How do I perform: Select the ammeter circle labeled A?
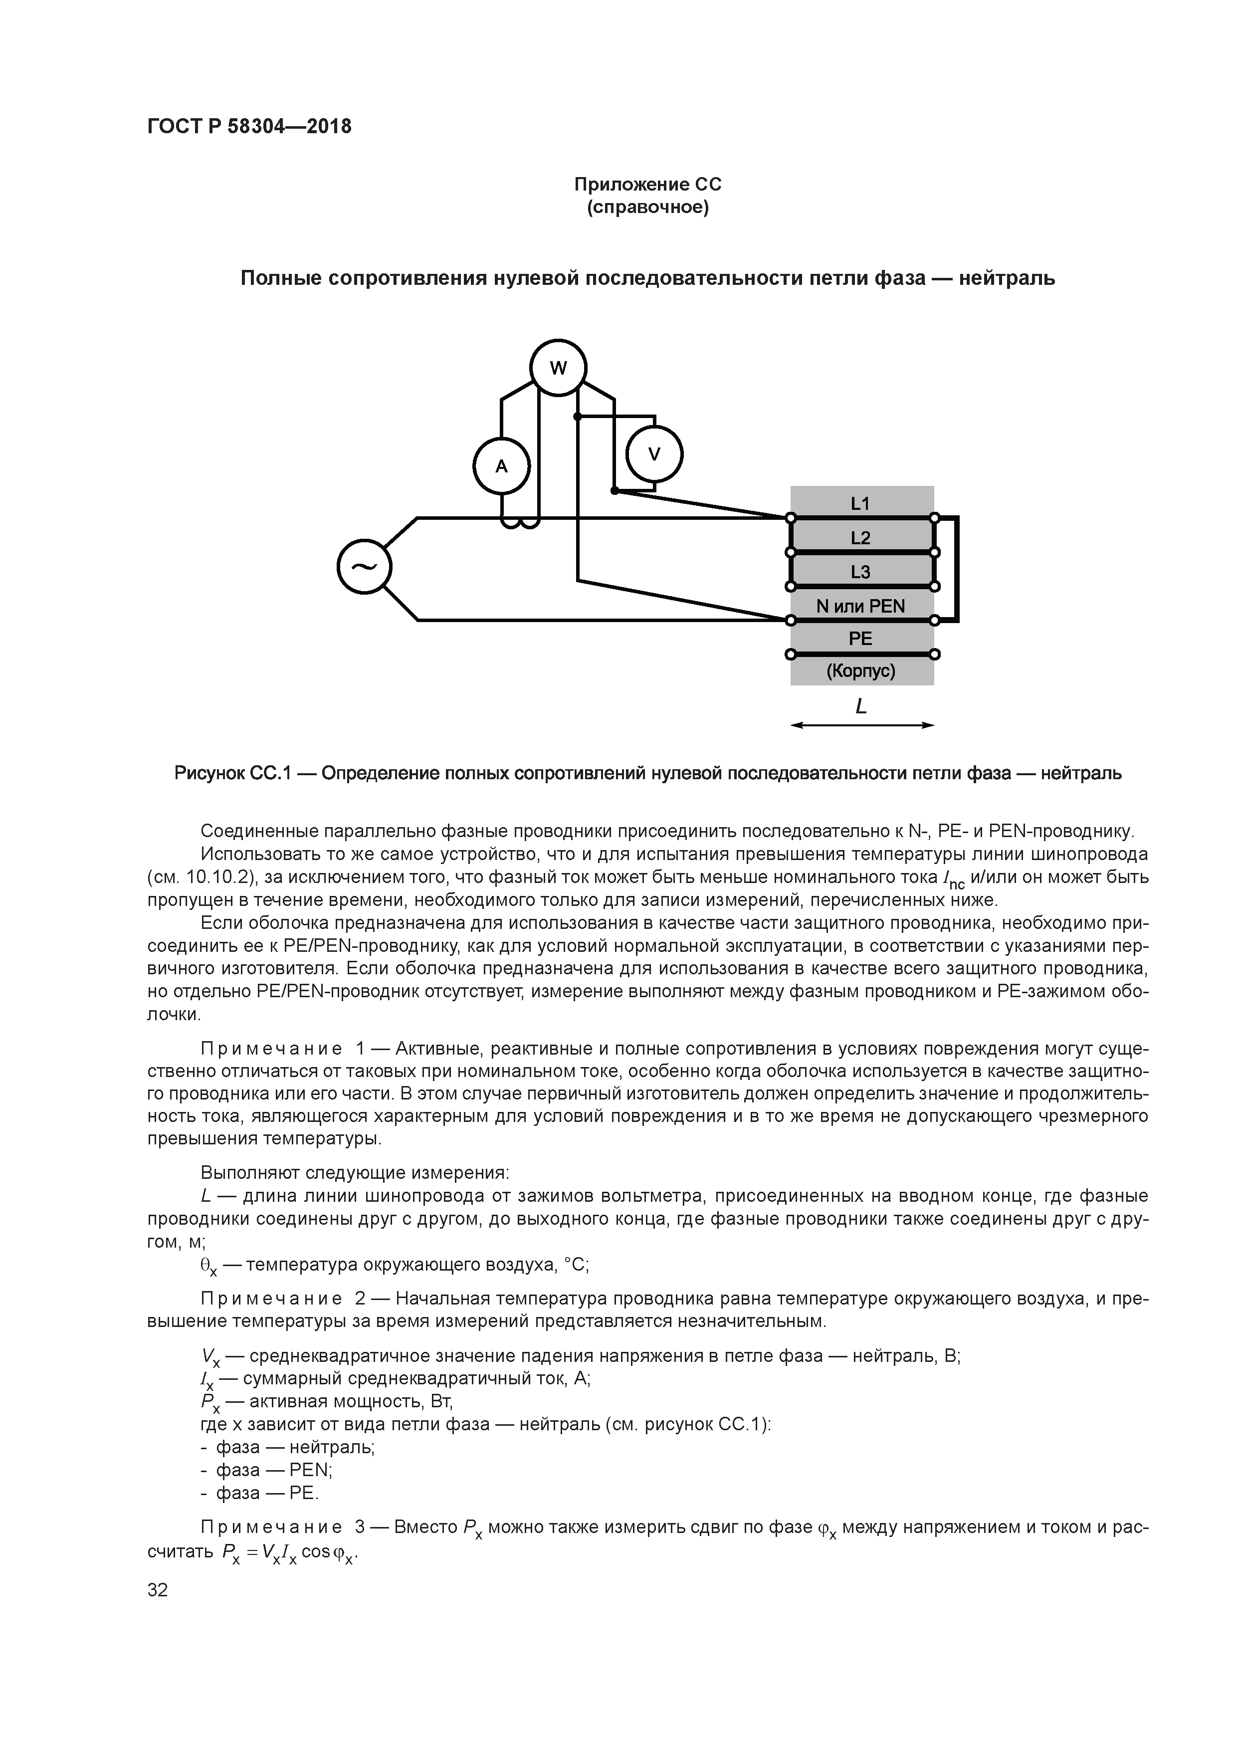coord(501,466)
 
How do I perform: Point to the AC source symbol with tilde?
coord(364,566)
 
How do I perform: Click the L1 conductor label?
coord(860,503)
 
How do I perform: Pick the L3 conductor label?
coord(860,572)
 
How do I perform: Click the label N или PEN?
coord(860,606)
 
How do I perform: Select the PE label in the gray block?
coord(860,639)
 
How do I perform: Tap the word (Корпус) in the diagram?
coord(860,671)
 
